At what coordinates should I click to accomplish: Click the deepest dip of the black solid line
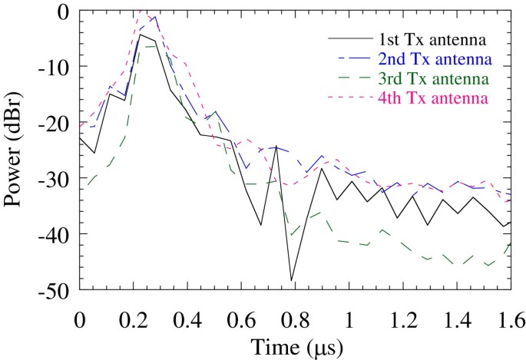pos(292,280)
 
